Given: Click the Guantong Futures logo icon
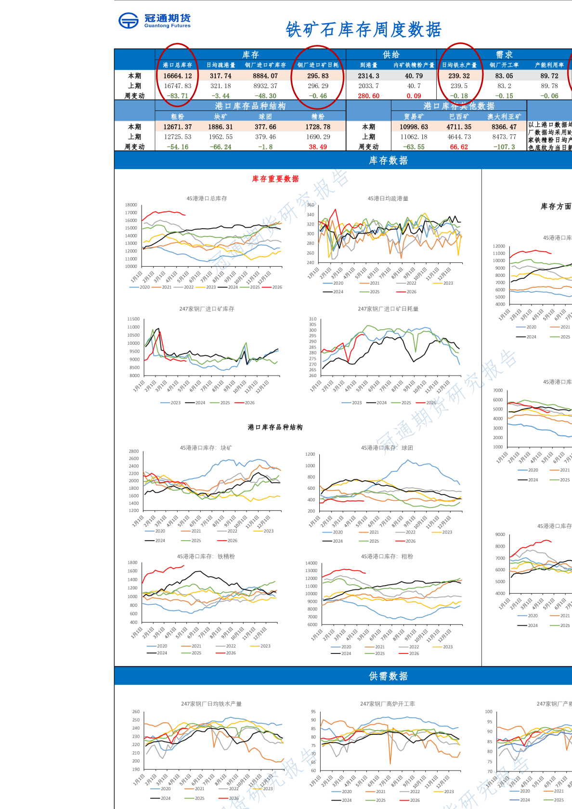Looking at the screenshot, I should click(x=129, y=21).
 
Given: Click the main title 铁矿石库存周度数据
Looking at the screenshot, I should click(x=364, y=30).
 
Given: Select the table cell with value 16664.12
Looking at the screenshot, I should click(x=177, y=76).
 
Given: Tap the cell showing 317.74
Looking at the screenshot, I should click(x=221, y=76).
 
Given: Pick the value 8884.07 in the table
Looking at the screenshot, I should click(x=265, y=76).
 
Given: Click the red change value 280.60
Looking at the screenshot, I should click(x=368, y=96).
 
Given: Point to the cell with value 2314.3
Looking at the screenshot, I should click(x=368, y=76).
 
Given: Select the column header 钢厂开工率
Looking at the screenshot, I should click(x=504, y=65).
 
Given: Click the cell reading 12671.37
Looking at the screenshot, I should click(x=177, y=127).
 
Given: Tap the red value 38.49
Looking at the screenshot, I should click(x=318, y=147).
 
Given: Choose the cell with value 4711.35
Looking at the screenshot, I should click(x=459, y=127).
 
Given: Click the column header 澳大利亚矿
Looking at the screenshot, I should click(x=504, y=117).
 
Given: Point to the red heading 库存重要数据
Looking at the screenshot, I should click(x=275, y=179).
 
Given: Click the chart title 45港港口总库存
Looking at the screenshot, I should click(x=207, y=198).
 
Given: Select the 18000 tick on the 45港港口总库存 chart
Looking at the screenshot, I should click(x=131, y=205).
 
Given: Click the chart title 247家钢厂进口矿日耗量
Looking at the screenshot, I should click(x=388, y=309).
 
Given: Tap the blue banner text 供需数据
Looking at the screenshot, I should click(x=388, y=677).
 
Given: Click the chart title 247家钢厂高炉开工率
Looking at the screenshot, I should click(x=388, y=704).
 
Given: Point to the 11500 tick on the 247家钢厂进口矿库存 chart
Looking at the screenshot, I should click(x=133, y=319).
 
